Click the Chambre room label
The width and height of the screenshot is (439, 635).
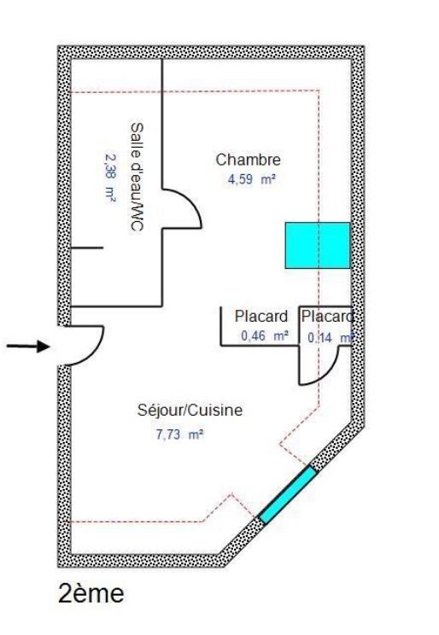point(248,160)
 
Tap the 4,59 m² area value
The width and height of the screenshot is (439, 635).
point(252,179)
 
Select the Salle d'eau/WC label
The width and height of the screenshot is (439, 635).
point(137,177)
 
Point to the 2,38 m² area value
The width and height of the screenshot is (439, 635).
point(110,178)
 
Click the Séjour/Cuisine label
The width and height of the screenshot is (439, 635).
point(190,410)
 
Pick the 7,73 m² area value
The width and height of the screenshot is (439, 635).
point(180,434)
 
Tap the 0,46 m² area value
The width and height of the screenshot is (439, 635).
point(265,335)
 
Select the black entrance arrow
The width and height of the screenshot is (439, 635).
point(28,347)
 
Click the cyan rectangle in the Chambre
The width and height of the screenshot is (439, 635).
point(318,245)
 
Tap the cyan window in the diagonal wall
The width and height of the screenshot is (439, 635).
point(287,495)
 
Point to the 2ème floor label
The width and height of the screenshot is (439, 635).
point(91,594)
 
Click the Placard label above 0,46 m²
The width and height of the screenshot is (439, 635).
point(261,316)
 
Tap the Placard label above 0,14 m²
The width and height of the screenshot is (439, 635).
point(327,317)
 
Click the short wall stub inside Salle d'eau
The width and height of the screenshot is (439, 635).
point(87,248)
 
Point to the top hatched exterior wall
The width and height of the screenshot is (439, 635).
point(211,53)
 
